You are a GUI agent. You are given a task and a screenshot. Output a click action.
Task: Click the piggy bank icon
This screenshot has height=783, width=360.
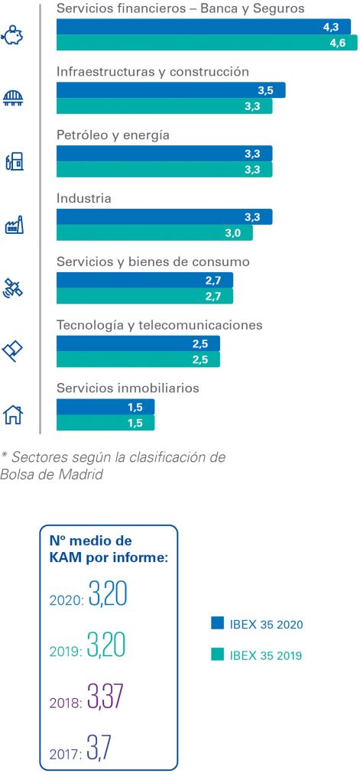pyautogui.click(x=13, y=36)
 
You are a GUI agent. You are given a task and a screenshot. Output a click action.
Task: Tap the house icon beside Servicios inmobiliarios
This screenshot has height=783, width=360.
pyautogui.click(x=13, y=414)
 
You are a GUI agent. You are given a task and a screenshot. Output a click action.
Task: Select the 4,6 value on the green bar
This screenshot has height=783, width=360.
pyautogui.click(x=338, y=43)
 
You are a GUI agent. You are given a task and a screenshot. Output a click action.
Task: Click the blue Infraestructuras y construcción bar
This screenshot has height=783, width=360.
pyautogui.click(x=170, y=90)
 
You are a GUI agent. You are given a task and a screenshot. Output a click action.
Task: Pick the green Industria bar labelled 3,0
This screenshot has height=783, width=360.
pyautogui.click(x=154, y=232)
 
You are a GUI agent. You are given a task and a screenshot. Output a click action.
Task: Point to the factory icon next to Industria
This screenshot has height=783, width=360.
pyautogui.click(x=14, y=226)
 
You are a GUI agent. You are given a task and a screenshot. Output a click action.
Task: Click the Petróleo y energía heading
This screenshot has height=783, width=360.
pyautogui.click(x=113, y=135)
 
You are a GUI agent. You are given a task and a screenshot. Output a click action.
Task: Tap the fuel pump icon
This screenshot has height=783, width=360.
pyautogui.click(x=14, y=162)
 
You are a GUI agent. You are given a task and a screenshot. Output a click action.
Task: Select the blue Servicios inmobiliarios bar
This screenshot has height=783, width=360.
pyautogui.click(x=105, y=407)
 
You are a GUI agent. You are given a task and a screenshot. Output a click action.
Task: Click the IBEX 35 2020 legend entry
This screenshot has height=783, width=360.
pyautogui.click(x=257, y=624)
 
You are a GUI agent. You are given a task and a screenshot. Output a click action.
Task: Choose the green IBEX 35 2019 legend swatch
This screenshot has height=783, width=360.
pyautogui.click(x=217, y=655)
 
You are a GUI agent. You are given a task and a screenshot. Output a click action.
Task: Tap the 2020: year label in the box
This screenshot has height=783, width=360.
pyautogui.click(x=66, y=600)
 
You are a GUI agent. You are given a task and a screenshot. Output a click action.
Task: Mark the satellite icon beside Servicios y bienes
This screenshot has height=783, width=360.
pyautogui.click(x=13, y=288)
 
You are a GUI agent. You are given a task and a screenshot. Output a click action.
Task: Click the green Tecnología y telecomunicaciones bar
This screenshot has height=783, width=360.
pyautogui.click(x=138, y=359)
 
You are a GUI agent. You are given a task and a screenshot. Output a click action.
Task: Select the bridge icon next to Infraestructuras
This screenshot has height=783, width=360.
pyautogui.click(x=14, y=97)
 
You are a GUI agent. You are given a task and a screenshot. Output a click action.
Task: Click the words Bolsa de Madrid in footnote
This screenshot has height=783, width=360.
pyautogui.click(x=51, y=474)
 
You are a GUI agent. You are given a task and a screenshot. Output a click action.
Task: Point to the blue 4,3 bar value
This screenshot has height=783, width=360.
pyautogui.click(x=331, y=28)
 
